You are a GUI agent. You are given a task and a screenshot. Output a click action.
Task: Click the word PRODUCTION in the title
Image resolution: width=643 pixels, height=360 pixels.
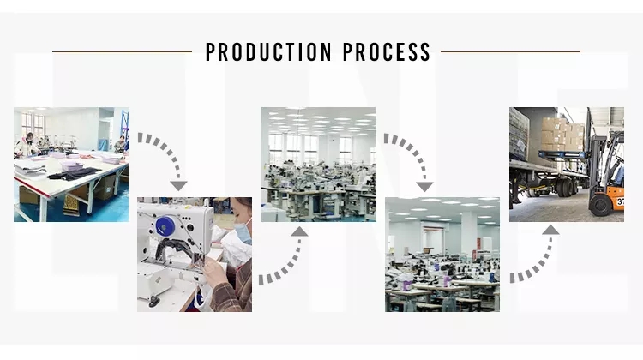click(268, 52)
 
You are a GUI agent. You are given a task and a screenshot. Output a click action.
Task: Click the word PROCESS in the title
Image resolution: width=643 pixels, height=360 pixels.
click(387, 52)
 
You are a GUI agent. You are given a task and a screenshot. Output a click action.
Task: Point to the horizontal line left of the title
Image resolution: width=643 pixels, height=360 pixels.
click(123, 51)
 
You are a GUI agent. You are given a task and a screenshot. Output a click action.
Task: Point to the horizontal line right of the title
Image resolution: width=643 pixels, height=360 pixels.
click(511, 51)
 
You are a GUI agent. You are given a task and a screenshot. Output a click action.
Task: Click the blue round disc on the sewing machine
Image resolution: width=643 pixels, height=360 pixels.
click(165, 226)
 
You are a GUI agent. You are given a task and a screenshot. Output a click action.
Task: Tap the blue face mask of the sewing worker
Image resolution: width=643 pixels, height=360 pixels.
click(243, 231)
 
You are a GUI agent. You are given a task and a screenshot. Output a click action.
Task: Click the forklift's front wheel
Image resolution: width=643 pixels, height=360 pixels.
click(601, 205)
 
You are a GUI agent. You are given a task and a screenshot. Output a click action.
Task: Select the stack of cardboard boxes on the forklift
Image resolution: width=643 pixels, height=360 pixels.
click(562, 134)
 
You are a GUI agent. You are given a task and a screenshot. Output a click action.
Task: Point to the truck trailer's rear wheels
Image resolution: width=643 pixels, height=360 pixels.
click(566, 187)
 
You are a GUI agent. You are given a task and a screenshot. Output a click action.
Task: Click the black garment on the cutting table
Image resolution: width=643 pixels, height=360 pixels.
click(74, 174)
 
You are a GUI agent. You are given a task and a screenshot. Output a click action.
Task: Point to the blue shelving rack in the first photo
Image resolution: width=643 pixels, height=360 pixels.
click(124, 129)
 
